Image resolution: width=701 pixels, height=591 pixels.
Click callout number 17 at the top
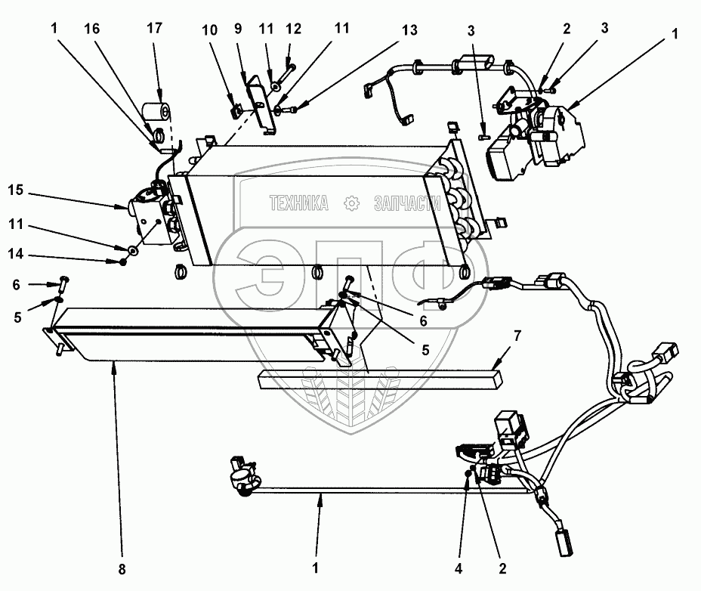coord(154,28)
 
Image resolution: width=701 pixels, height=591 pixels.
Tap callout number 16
coord(92,29)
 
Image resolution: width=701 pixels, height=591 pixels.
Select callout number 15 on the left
coord(15,190)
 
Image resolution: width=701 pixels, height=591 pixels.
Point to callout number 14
coord(15,254)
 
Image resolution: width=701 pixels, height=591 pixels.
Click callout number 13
coord(409,30)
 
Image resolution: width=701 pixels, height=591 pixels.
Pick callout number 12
coord(293,29)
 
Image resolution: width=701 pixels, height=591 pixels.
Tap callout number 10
coord(209,30)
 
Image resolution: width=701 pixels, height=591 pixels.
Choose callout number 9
coord(238,29)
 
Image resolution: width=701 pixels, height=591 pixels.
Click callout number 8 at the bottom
coord(122,569)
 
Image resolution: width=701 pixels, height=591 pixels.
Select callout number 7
coord(517,336)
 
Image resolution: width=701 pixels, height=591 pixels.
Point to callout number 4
coord(459,568)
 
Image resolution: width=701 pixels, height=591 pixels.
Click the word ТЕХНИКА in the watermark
coord(298,203)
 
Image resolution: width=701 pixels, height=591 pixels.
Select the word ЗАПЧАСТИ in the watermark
coord(407,203)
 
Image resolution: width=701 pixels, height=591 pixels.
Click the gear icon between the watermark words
coord(351,203)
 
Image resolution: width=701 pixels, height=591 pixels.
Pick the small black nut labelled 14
coord(122,261)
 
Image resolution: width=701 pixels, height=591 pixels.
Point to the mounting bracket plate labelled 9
coord(261,104)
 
